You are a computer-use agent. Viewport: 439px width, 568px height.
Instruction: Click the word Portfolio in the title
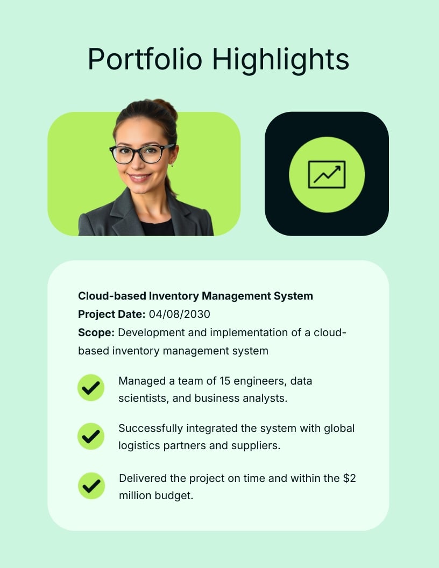pyautogui.click(x=145, y=59)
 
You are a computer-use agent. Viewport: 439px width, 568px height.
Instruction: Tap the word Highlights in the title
pyautogui.click(x=281, y=60)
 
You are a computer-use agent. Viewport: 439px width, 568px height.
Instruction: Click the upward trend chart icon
pyautogui.click(x=327, y=175)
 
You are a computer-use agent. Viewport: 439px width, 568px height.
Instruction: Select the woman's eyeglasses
pyautogui.click(x=141, y=154)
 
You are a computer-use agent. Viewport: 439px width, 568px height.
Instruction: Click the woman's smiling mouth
pyautogui.click(x=139, y=177)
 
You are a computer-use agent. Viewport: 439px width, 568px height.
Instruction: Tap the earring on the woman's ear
pyautogui.click(x=172, y=165)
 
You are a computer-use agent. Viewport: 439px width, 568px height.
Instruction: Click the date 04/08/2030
pyautogui.click(x=179, y=314)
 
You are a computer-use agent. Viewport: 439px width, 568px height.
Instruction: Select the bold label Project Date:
pyautogui.click(x=111, y=315)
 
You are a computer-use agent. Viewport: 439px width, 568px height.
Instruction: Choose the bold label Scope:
pyautogui.click(x=96, y=332)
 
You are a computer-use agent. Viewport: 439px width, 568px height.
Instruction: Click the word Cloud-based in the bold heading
pyautogui.click(x=112, y=296)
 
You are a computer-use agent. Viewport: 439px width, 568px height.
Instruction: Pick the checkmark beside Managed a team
pyautogui.click(x=91, y=388)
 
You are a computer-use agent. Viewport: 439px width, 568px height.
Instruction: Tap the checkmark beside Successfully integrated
pyautogui.click(x=91, y=436)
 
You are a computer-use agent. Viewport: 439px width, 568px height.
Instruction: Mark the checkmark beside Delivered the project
pyautogui.click(x=91, y=486)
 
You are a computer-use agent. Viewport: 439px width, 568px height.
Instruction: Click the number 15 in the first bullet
pyautogui.click(x=225, y=381)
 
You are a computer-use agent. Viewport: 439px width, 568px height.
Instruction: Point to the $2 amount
pyautogui.click(x=350, y=478)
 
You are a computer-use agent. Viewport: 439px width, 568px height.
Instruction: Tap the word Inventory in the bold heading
pyautogui.click(x=174, y=296)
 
